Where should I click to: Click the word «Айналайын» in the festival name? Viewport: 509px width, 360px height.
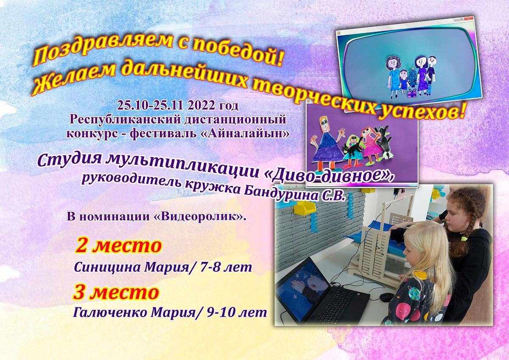(246, 133)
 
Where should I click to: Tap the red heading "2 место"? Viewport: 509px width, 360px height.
(119, 246)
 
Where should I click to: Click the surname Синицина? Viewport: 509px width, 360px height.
(107, 268)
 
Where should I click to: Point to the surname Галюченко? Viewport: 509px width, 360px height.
(111, 313)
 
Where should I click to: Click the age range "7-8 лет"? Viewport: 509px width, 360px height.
(226, 267)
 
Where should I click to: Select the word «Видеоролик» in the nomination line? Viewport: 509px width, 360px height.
(199, 217)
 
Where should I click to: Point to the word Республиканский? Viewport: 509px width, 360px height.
(125, 119)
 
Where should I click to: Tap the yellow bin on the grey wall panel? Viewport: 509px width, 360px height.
(304, 208)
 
